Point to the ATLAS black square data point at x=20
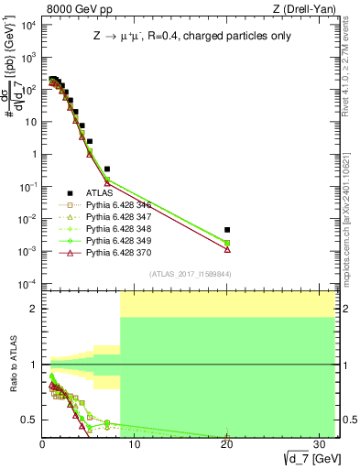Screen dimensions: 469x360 coord(227,230)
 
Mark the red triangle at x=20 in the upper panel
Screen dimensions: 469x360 coord(227,249)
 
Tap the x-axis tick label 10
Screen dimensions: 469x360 coord(135,443)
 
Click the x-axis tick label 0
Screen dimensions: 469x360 coord(43,443)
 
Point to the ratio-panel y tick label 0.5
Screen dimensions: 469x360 coord(29,420)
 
